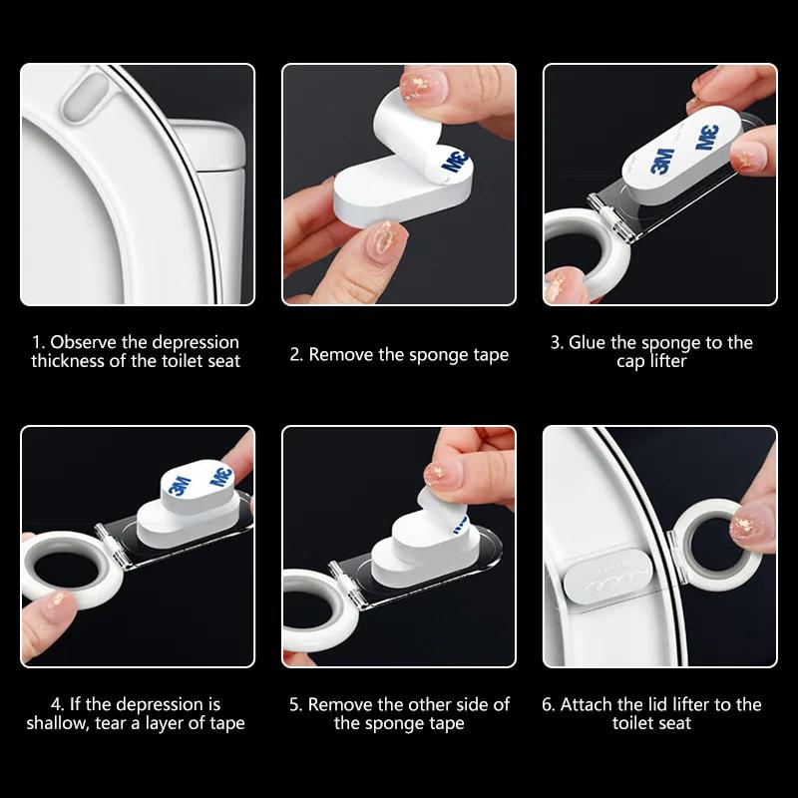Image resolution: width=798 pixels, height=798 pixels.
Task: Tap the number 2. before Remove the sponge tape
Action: [296, 354]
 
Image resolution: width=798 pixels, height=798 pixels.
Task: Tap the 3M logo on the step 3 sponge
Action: [659, 160]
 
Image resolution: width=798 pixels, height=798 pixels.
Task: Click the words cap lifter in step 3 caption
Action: [651, 361]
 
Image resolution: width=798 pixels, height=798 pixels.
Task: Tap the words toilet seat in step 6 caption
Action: [651, 723]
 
